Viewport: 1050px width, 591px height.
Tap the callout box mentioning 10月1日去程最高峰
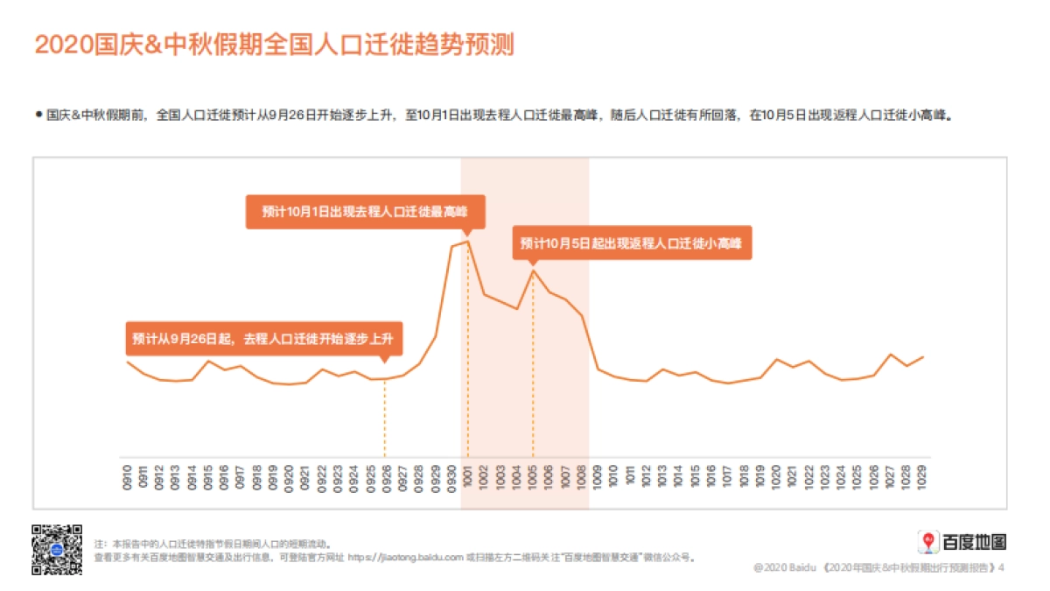click(365, 212)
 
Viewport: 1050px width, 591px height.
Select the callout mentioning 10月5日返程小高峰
click(631, 243)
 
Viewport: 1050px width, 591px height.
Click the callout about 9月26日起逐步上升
click(263, 339)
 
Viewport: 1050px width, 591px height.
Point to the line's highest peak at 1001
click(467, 241)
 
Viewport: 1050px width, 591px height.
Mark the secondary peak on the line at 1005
click(532, 271)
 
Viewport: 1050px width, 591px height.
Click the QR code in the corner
click(57, 549)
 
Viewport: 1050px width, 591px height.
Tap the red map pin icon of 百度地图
click(927, 542)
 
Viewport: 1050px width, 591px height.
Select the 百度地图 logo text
click(974, 542)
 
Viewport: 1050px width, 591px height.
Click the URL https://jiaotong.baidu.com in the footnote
click(405, 557)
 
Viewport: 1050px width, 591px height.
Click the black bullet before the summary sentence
click(38, 114)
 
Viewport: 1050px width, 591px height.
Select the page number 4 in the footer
click(1002, 568)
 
